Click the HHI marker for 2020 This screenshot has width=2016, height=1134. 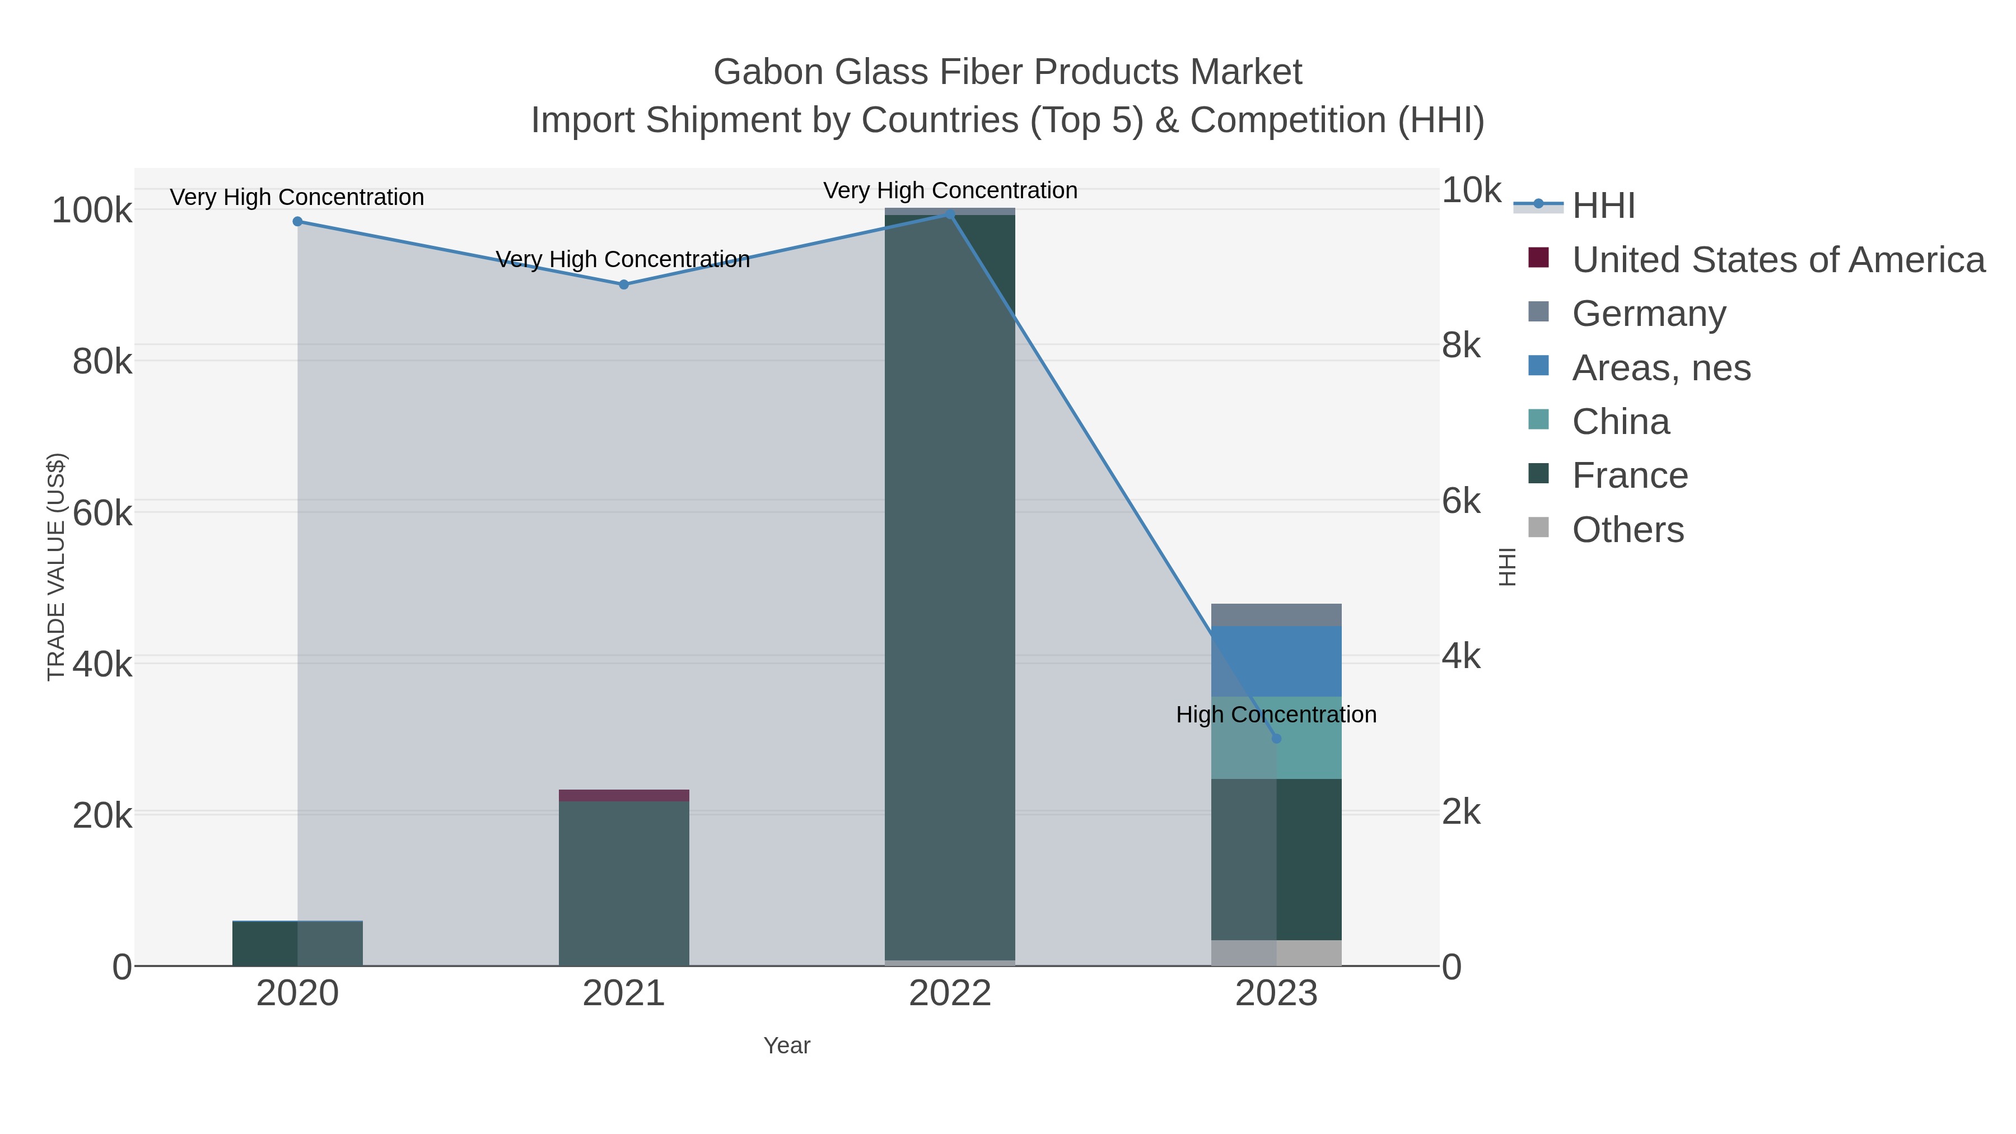[297, 221]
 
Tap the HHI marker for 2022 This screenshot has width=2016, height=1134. [950, 214]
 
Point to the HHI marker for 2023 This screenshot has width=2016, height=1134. [1276, 738]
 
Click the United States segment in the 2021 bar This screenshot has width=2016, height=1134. [624, 795]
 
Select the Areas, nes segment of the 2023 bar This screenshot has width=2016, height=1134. [1276, 661]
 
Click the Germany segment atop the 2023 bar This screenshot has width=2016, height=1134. [1276, 614]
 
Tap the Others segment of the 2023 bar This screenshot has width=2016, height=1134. [1276, 953]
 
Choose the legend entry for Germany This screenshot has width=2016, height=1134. [1648, 314]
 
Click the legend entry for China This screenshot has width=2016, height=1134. [1620, 422]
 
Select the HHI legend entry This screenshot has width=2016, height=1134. [1603, 206]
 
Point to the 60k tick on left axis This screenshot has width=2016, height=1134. [102, 514]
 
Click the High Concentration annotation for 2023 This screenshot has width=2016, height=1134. [1276, 715]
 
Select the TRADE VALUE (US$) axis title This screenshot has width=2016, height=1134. [57, 567]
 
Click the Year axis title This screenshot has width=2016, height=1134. [787, 1046]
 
